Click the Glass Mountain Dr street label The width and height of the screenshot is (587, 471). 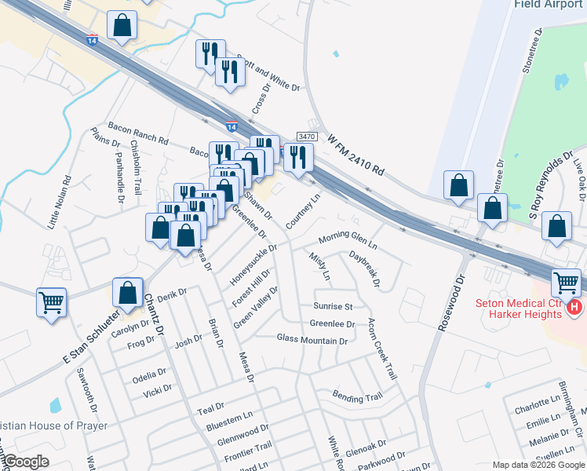coord(312,340)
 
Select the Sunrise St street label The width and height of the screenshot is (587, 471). coord(333,306)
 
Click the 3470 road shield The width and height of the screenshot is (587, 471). coord(307,136)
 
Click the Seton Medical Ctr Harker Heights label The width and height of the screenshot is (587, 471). coord(520,309)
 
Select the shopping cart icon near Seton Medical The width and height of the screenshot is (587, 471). coord(566,281)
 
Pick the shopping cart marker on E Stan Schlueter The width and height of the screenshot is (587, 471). coord(51,301)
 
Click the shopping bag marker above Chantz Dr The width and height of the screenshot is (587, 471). coord(127,292)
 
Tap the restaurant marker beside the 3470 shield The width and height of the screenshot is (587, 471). coord(298,156)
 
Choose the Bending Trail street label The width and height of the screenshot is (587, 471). coord(357,396)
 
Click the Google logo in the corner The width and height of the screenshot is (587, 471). coord(25,462)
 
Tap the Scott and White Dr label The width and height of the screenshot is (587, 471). coord(268,75)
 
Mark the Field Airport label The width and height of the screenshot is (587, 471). coord(549,4)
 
